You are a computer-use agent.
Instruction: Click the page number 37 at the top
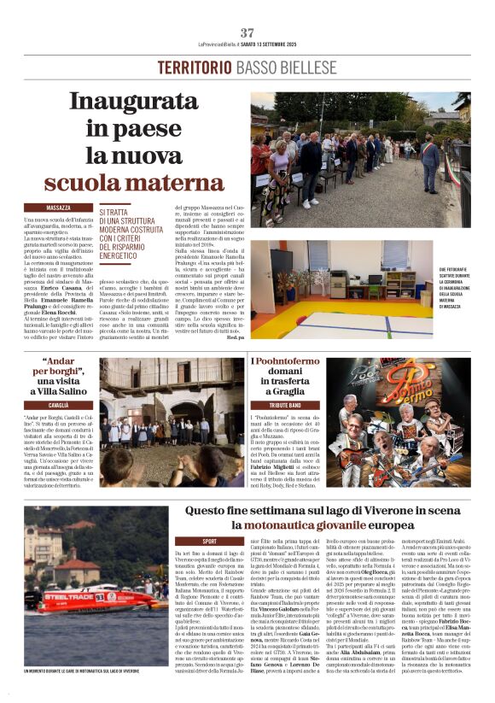tap(247, 32)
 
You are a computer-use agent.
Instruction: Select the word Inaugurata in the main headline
tap(129, 102)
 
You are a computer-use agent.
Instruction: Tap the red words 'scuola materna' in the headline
tap(123, 182)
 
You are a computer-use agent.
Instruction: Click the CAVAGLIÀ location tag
tap(58, 404)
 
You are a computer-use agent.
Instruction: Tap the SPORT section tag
tap(208, 541)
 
